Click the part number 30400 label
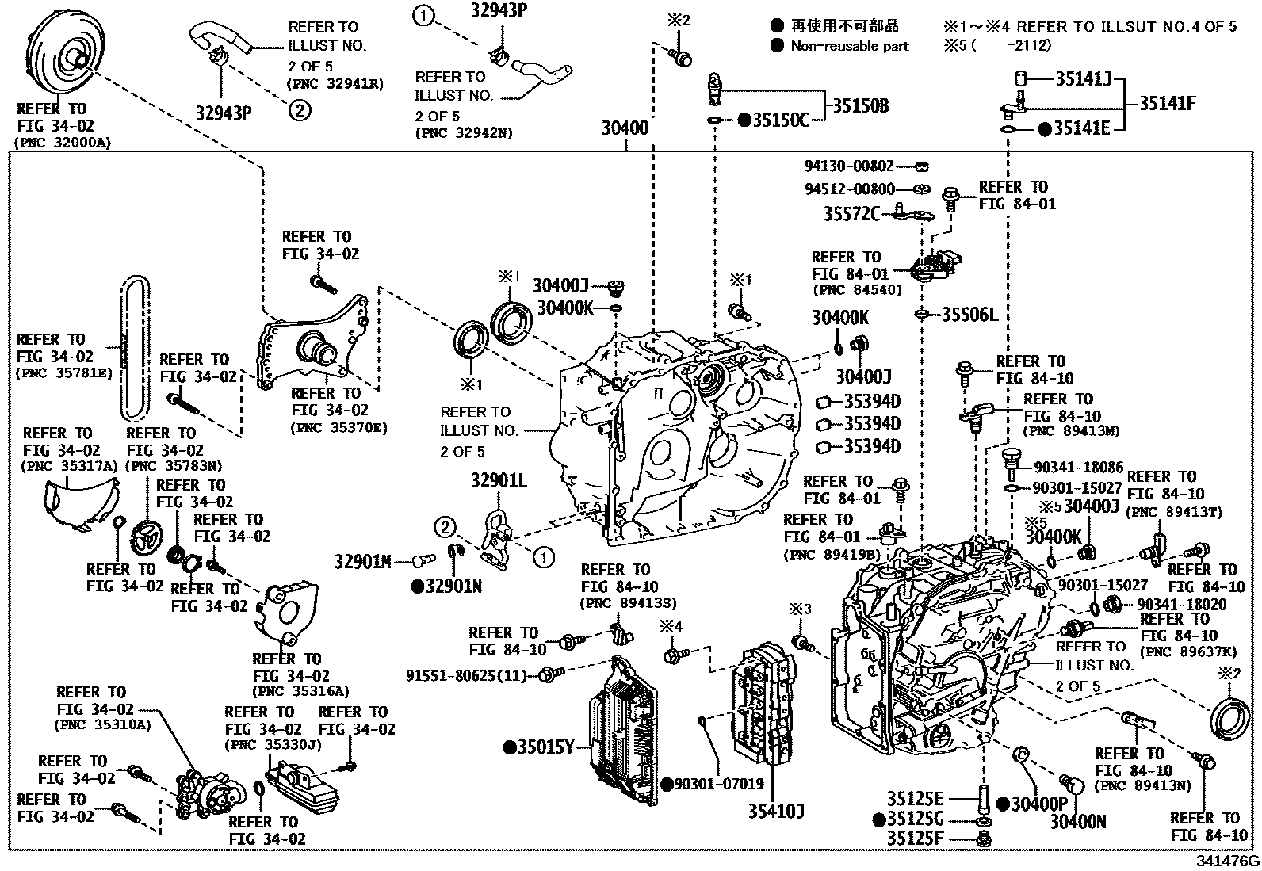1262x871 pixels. click(x=624, y=128)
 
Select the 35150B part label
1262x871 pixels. click(x=860, y=105)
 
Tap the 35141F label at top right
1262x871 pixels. click(x=1167, y=103)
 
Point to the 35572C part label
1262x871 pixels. click(x=851, y=213)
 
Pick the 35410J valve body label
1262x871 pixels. click(x=777, y=811)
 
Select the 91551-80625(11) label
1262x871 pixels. click(x=465, y=675)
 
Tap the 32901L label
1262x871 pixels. click(x=498, y=480)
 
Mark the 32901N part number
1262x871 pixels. click(x=452, y=586)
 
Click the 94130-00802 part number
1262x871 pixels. click(x=847, y=166)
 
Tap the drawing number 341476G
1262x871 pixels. click(x=1226, y=860)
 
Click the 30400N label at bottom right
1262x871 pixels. click(x=1077, y=822)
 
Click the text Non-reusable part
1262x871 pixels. click(x=849, y=46)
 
